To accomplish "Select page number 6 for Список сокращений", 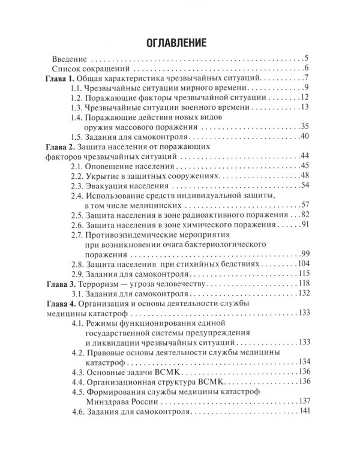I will click(x=306, y=69).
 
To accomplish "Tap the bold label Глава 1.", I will click(x=62, y=79).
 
